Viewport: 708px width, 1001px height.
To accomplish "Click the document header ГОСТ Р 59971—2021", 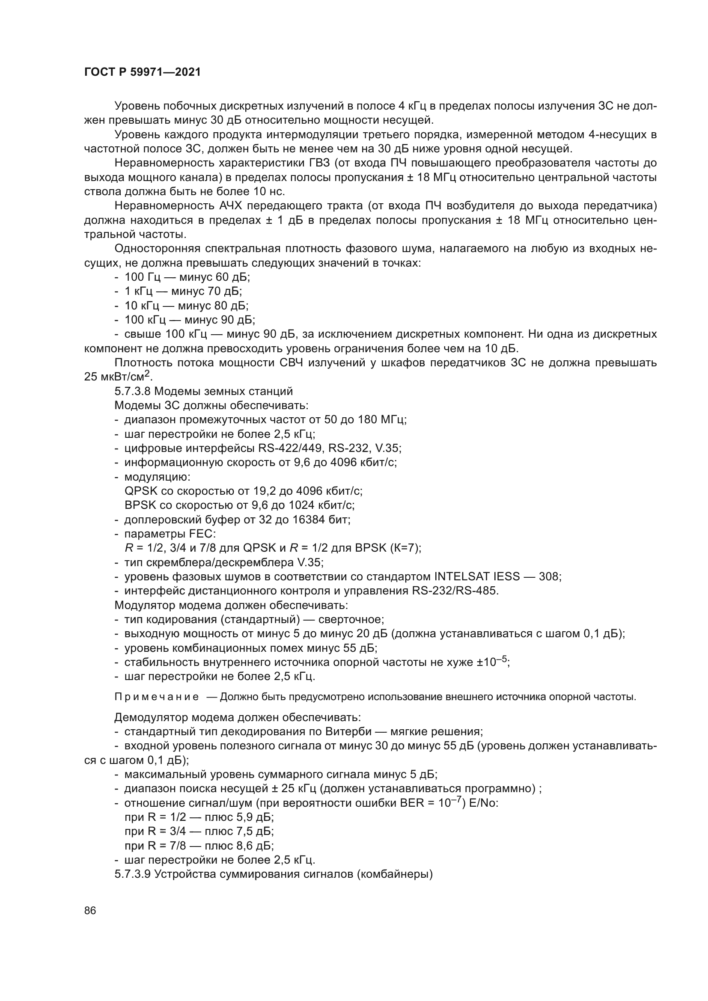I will [142, 72].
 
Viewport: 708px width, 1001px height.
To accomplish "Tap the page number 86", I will [90, 911].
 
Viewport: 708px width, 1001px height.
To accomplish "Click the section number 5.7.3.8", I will [133, 391].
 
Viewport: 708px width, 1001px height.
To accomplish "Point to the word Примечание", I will [157, 697].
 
